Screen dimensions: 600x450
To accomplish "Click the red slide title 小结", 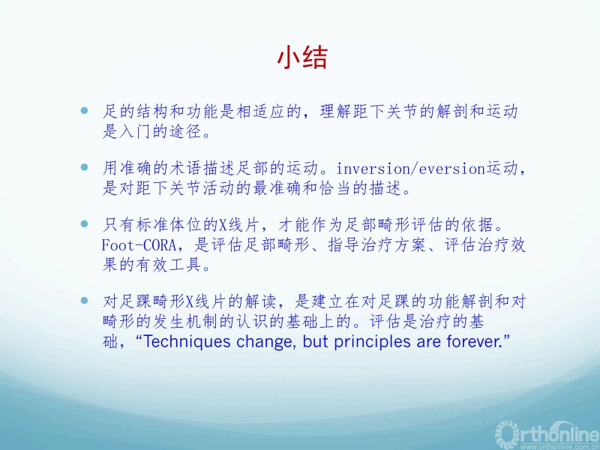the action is tap(302, 58).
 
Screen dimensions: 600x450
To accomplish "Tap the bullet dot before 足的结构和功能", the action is tap(85, 111).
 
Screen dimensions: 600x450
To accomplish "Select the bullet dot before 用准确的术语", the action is tap(85, 167).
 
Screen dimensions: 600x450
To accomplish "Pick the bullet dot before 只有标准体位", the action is tap(85, 223).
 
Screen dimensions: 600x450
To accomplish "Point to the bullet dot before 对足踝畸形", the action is tap(85, 301).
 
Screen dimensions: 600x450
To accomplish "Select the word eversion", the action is tap(452, 168).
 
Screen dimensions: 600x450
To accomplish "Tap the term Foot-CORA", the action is tap(139, 245).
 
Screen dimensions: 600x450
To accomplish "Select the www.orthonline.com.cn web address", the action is tap(560, 446).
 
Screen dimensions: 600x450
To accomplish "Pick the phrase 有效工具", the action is tap(168, 265).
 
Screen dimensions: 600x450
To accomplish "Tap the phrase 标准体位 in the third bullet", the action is tap(168, 226).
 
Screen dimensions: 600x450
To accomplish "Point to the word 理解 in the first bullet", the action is tap(335, 111).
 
